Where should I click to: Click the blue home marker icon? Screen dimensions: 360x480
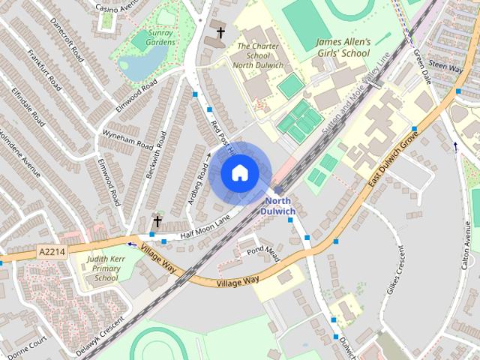pyautogui.click(x=239, y=173)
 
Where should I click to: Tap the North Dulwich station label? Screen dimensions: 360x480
pyautogui.click(x=277, y=205)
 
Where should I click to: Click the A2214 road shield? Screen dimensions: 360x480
pyautogui.click(x=50, y=254)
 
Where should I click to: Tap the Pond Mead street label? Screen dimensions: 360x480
pyautogui.click(x=263, y=250)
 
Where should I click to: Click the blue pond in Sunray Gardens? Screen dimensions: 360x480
pyautogui.click(x=133, y=67)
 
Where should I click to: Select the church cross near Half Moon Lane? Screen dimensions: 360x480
pyautogui.click(x=157, y=221)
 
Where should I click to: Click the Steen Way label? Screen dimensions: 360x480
pyautogui.click(x=448, y=67)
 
